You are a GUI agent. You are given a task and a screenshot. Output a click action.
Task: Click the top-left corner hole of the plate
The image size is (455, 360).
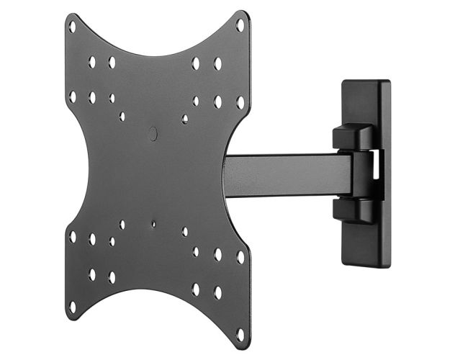pos(72,27)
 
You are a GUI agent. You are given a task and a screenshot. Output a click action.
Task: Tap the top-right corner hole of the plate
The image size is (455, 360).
pos(240,24)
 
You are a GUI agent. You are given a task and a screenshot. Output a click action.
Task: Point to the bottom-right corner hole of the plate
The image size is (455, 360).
pos(240,334)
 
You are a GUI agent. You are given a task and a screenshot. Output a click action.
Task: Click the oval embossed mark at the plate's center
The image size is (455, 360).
pos(153,133)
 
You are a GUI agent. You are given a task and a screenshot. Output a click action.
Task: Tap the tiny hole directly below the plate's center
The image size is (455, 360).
pos(153,224)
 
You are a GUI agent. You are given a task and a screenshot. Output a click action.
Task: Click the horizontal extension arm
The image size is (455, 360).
pos(288,175)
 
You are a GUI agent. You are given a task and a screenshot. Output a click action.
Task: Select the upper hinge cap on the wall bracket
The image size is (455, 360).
pos(353,137)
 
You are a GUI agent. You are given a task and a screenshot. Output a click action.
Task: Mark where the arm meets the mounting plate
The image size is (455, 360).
pos(229,177)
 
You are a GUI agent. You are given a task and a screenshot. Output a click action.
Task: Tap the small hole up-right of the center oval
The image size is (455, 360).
pos(185,118)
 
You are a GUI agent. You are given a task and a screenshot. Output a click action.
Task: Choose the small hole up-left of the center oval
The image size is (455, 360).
pos(122,116)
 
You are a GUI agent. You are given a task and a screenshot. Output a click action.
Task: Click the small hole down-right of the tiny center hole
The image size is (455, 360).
pos(185,231)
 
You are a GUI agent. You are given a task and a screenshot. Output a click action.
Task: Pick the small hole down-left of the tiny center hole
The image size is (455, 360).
pos(122,225)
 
